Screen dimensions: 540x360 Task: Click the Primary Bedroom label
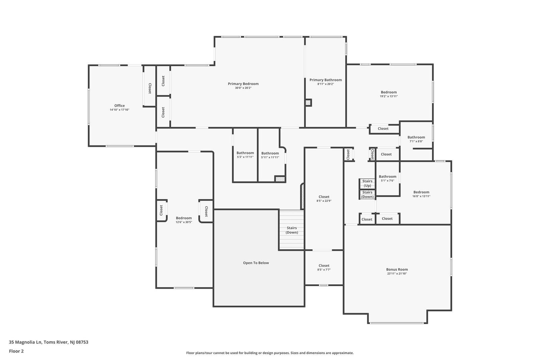tap(243, 84)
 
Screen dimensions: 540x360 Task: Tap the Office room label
tap(119, 106)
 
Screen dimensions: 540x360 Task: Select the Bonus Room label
tap(397, 269)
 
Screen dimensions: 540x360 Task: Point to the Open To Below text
tap(256, 262)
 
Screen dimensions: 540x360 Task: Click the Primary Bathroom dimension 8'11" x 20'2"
tap(325, 84)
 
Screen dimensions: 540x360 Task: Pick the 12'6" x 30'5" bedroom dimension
tap(184, 222)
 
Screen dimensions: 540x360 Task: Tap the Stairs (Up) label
tap(367, 183)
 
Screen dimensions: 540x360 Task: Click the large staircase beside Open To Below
tap(292, 230)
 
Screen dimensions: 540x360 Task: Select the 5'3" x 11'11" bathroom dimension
tap(245, 157)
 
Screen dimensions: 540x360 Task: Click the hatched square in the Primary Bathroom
tap(308, 103)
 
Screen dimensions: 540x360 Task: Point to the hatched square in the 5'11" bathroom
tap(280, 179)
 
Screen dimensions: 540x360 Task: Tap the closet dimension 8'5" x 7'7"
tap(324, 270)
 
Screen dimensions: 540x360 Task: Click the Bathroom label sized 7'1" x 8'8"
tap(416, 137)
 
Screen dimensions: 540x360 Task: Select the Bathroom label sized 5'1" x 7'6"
tap(387, 176)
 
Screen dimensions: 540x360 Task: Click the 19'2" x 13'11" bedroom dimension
tap(388, 96)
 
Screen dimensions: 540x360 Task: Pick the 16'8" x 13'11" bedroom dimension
tap(421, 196)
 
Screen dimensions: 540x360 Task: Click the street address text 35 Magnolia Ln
tap(25, 342)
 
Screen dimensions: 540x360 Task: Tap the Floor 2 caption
tap(17, 351)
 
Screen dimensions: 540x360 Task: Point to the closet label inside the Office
tap(150, 88)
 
